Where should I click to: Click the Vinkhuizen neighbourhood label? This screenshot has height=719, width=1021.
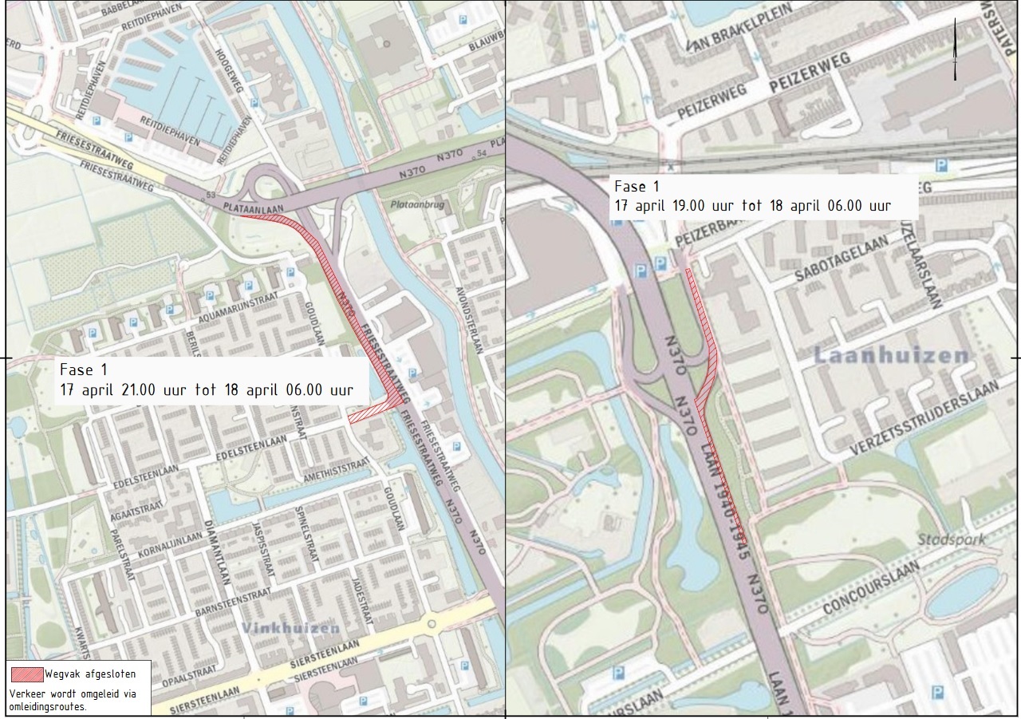[289, 628]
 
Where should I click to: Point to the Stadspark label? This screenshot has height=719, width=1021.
[951, 539]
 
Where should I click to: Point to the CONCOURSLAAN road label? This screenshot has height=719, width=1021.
[871, 588]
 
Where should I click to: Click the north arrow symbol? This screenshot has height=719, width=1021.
[955, 49]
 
